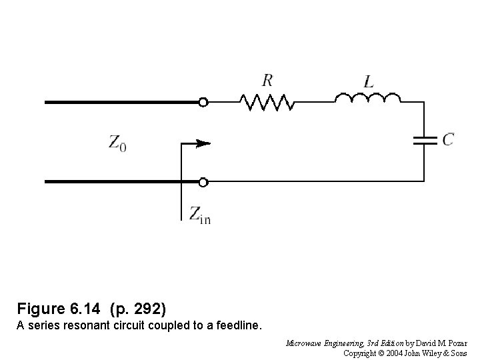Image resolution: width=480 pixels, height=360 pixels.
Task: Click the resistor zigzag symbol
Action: click(x=267, y=101)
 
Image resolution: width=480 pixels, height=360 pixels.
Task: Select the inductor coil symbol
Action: click(x=367, y=99)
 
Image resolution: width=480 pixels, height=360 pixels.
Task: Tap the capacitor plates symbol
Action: click(x=424, y=140)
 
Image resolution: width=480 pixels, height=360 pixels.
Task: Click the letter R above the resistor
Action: click(x=267, y=81)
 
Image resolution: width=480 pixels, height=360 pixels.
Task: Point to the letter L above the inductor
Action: click(x=369, y=81)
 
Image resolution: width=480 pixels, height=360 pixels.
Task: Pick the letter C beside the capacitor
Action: click(x=449, y=139)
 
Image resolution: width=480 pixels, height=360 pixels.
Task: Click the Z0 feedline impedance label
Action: click(x=117, y=142)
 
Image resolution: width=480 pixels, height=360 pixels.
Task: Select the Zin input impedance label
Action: click(x=199, y=214)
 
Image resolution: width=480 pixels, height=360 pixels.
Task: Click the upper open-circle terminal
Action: click(x=203, y=102)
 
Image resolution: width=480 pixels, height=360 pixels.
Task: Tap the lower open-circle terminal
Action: click(x=203, y=181)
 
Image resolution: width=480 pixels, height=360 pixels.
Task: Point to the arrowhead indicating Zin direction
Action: click(x=205, y=143)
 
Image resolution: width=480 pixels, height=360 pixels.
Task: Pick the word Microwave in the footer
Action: click(x=304, y=344)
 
